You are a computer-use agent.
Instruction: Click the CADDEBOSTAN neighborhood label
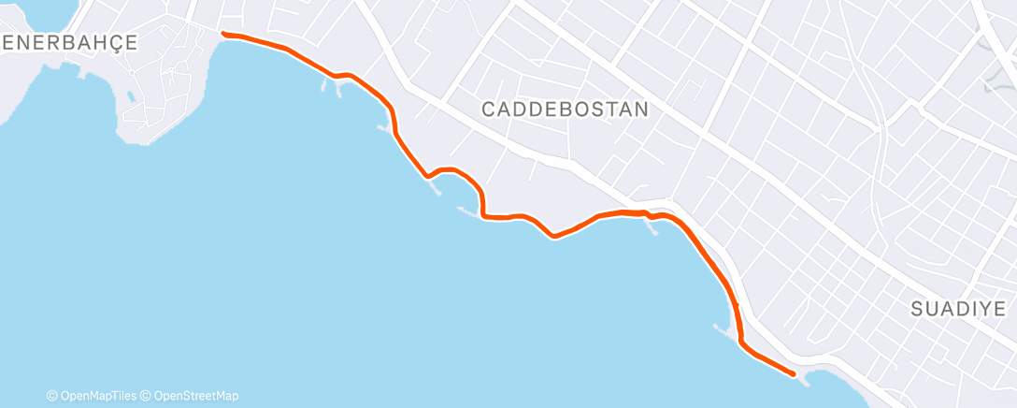565,109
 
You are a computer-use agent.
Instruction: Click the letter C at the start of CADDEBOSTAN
489,109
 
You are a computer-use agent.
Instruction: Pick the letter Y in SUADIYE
982,310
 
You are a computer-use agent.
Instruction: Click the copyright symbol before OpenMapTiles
52,396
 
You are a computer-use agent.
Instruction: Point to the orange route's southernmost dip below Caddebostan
555,236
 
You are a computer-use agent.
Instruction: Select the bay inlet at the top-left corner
37,11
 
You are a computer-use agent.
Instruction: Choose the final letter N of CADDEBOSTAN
641,109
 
